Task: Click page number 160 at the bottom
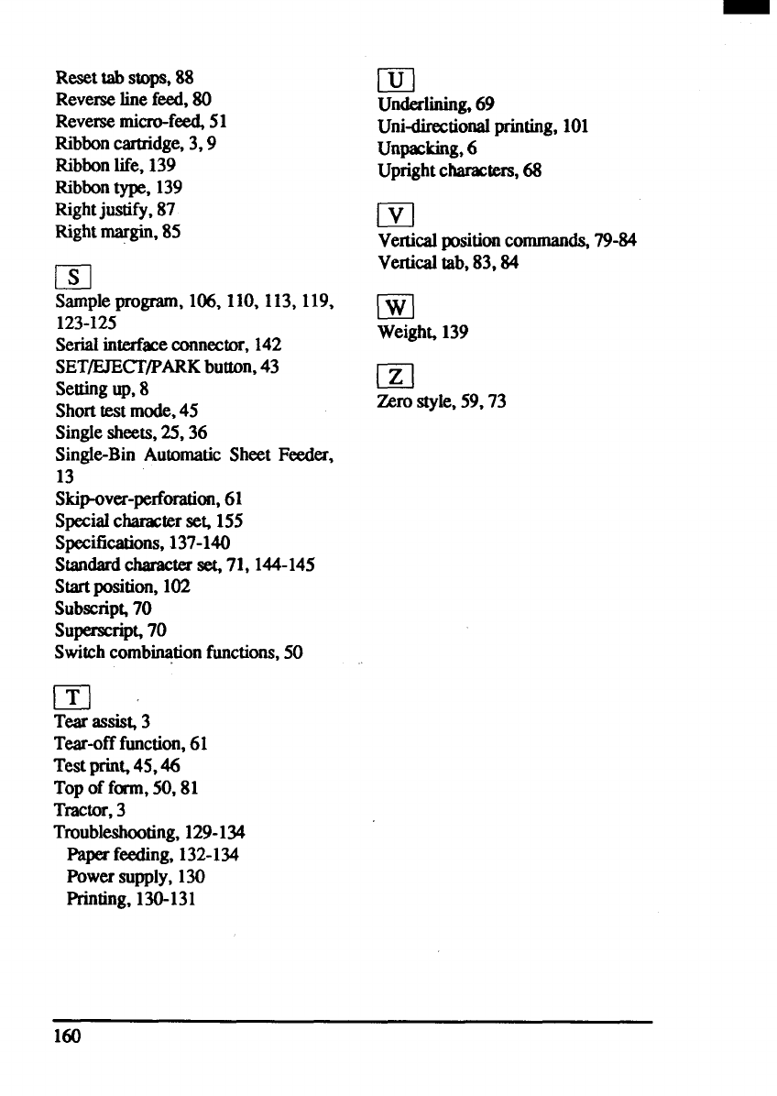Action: pos(68,1036)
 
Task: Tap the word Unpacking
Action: pos(412,148)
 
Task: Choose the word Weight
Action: pos(401,333)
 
